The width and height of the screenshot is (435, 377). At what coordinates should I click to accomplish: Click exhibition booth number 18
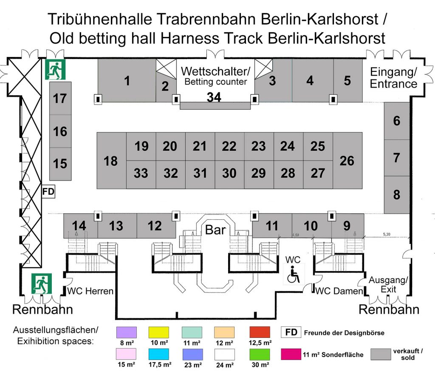(x=111, y=161)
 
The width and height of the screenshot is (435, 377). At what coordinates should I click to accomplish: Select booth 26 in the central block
(x=347, y=161)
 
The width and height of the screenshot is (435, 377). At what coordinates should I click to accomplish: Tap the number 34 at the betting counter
(x=214, y=97)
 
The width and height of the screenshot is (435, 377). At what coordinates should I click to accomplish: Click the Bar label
(x=215, y=230)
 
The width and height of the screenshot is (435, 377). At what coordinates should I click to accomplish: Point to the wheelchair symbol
(x=294, y=275)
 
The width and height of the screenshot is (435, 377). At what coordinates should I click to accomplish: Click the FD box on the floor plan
(x=48, y=192)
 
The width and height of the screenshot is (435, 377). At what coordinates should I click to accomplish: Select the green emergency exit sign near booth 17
(x=55, y=69)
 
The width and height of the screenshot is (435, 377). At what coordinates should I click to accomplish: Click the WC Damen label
(x=339, y=291)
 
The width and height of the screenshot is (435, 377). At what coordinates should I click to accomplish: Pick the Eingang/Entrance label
(x=394, y=77)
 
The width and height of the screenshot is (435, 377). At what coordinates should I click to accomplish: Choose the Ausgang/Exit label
(x=388, y=285)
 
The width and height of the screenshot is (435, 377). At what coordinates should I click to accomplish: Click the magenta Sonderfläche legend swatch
(x=291, y=354)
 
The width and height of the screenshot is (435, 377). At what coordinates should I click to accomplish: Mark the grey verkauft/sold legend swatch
(x=381, y=354)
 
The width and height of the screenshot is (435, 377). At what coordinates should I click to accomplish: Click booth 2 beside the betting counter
(x=165, y=87)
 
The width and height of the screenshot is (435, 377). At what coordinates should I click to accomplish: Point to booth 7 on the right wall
(x=396, y=158)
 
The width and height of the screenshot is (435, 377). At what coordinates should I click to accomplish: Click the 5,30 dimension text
(x=386, y=234)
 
